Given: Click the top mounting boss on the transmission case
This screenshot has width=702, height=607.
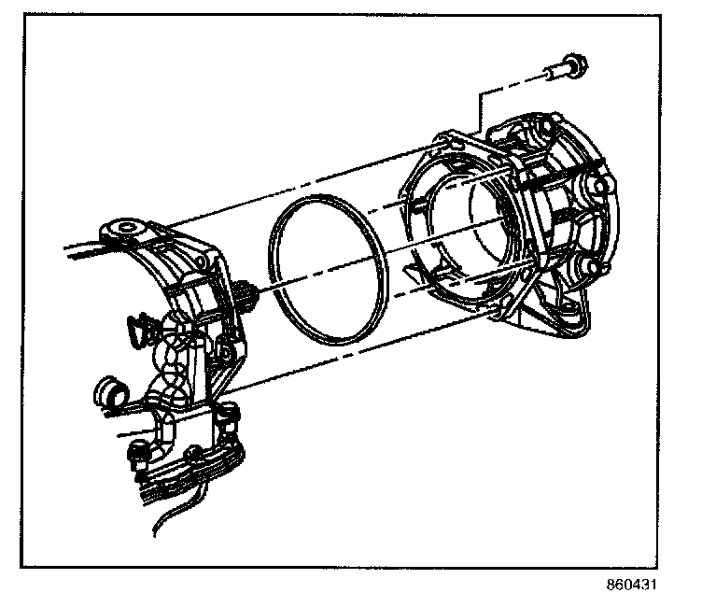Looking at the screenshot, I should [124, 227].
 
